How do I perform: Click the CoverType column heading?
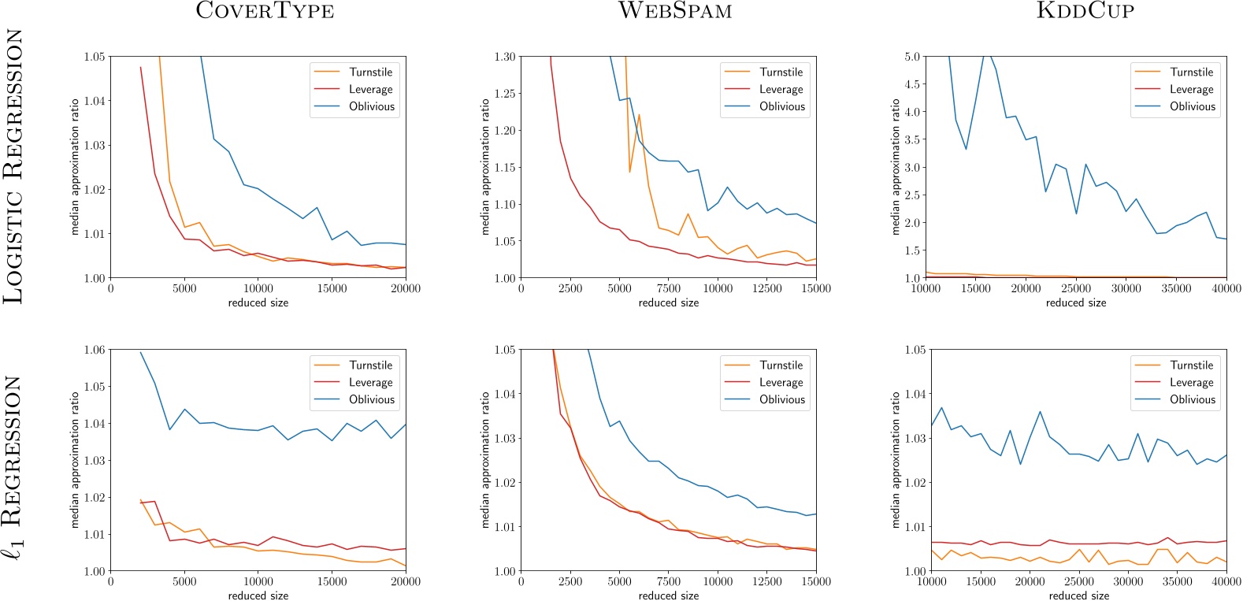(265, 11)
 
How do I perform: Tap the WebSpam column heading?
(675, 11)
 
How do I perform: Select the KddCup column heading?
(1085, 11)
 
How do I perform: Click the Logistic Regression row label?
(13, 167)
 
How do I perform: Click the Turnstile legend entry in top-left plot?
(370, 72)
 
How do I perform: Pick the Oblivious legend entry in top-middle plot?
(781, 106)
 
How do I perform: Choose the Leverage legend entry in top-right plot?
(1191, 89)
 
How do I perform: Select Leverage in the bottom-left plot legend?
(370, 382)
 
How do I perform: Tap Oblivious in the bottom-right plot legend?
(1192, 399)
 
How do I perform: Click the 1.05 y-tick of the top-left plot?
(95, 57)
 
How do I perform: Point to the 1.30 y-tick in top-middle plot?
(505, 57)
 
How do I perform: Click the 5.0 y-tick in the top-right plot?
(912, 57)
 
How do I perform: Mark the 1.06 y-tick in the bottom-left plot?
(95, 350)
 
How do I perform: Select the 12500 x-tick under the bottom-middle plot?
(766, 581)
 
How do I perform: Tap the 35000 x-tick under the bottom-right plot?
(1178, 581)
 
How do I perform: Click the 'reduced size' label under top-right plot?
(1075, 302)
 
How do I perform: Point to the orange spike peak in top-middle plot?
(639, 115)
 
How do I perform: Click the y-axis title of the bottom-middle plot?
(485, 460)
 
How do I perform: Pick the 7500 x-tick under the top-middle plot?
(668, 288)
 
